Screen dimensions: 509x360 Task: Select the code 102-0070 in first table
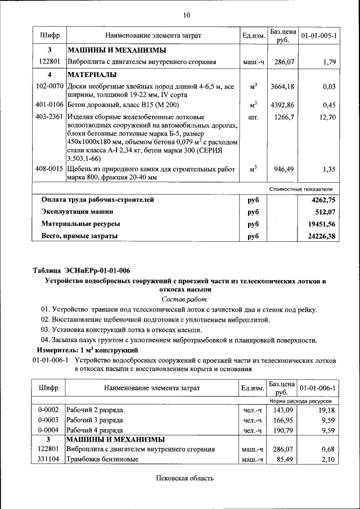click(49, 87)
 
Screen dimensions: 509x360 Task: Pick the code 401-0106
click(49, 105)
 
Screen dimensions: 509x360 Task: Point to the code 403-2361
click(49, 117)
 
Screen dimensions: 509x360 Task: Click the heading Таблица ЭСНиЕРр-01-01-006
click(81, 271)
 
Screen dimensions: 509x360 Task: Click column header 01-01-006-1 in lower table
click(319, 388)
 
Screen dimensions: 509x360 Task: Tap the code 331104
click(48, 460)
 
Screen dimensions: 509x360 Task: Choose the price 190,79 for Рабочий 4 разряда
click(283, 430)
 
